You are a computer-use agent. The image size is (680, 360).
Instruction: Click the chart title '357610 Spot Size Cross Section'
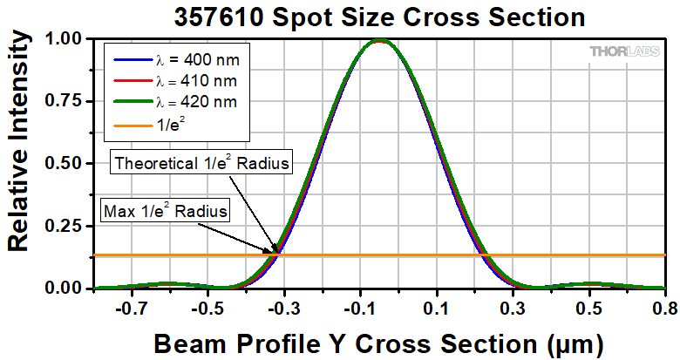tap(377, 16)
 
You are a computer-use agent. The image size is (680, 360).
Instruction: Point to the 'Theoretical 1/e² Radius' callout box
tap(201, 163)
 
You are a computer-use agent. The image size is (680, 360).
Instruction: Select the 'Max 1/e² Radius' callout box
tap(166, 210)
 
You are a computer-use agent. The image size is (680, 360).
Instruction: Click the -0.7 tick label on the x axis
tap(131, 308)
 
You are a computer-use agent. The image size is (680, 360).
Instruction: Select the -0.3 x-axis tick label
tap(275, 308)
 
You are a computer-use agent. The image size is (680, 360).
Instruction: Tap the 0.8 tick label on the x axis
tap(664, 308)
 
